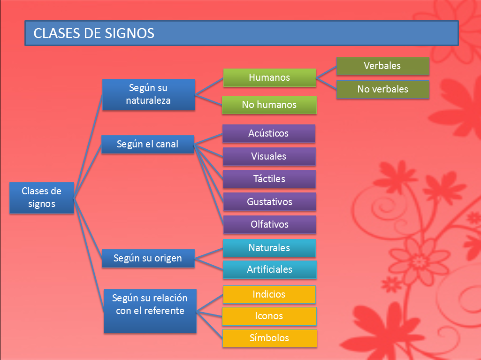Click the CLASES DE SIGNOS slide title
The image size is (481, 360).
(x=94, y=33)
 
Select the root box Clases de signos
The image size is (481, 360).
(x=42, y=198)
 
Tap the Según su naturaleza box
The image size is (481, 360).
(x=148, y=94)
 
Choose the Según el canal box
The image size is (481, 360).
(x=148, y=145)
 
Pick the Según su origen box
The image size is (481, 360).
(x=148, y=258)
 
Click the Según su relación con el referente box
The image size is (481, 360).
(x=150, y=311)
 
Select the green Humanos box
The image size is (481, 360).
(x=269, y=77)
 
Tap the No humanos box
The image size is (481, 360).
(x=269, y=105)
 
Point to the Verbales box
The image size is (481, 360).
(x=382, y=66)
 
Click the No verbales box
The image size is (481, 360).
(x=382, y=89)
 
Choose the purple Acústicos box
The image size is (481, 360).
(x=268, y=133)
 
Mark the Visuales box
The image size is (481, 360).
(x=269, y=156)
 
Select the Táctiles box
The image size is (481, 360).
(x=269, y=179)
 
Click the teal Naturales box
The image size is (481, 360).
(x=269, y=248)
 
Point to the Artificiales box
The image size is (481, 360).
(x=269, y=269)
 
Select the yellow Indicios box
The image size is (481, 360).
(x=269, y=294)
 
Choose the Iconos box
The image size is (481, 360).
(x=269, y=316)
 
